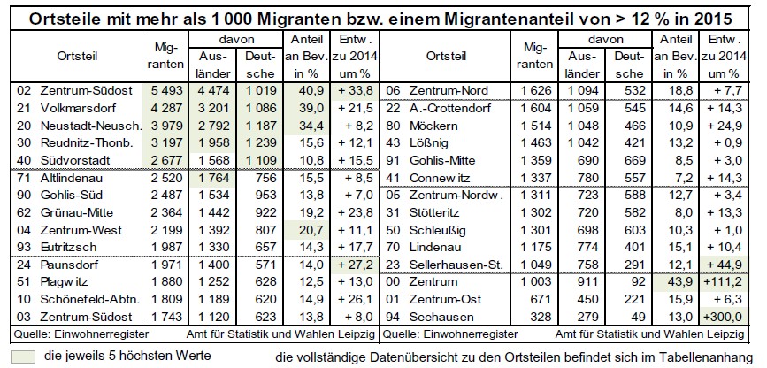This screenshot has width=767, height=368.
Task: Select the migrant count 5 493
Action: tap(165, 89)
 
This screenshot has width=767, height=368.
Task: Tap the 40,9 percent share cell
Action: tap(307, 89)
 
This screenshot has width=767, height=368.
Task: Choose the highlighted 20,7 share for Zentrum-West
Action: tap(307, 230)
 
